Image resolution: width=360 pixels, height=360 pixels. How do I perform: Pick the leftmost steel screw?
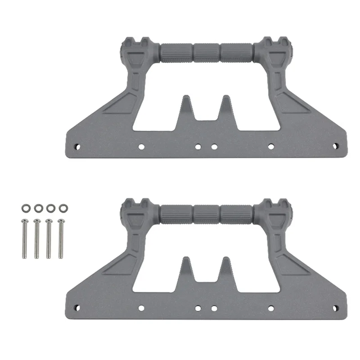tap(24, 238)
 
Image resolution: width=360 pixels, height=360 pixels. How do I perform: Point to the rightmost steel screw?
tap(61, 238)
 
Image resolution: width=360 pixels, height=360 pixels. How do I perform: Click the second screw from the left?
tap(36, 238)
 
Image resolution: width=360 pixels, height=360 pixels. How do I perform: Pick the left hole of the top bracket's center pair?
tap(197, 146)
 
